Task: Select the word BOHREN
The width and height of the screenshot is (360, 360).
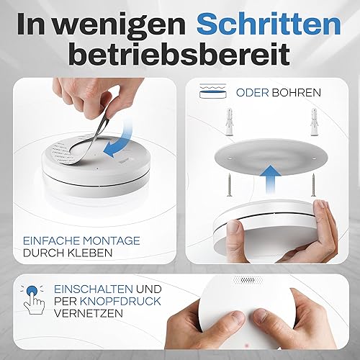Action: (x=297, y=93)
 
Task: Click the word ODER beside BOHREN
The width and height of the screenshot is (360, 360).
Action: (x=252, y=93)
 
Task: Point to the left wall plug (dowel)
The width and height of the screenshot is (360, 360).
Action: (x=230, y=122)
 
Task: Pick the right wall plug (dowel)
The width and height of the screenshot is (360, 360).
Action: (x=315, y=122)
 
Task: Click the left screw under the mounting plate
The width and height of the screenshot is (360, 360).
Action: (x=228, y=184)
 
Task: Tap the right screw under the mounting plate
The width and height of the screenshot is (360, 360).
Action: (x=313, y=184)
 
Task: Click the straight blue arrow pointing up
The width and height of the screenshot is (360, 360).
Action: (x=271, y=179)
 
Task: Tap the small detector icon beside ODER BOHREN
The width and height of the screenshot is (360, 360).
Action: (x=213, y=91)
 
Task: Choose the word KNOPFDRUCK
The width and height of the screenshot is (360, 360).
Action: (x=120, y=301)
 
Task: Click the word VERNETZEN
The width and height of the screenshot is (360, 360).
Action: (x=89, y=313)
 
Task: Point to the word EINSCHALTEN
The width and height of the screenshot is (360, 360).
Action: (x=94, y=289)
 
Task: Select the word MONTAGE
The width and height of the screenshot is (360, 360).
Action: (x=111, y=240)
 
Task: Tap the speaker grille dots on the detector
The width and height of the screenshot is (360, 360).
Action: (x=248, y=279)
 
